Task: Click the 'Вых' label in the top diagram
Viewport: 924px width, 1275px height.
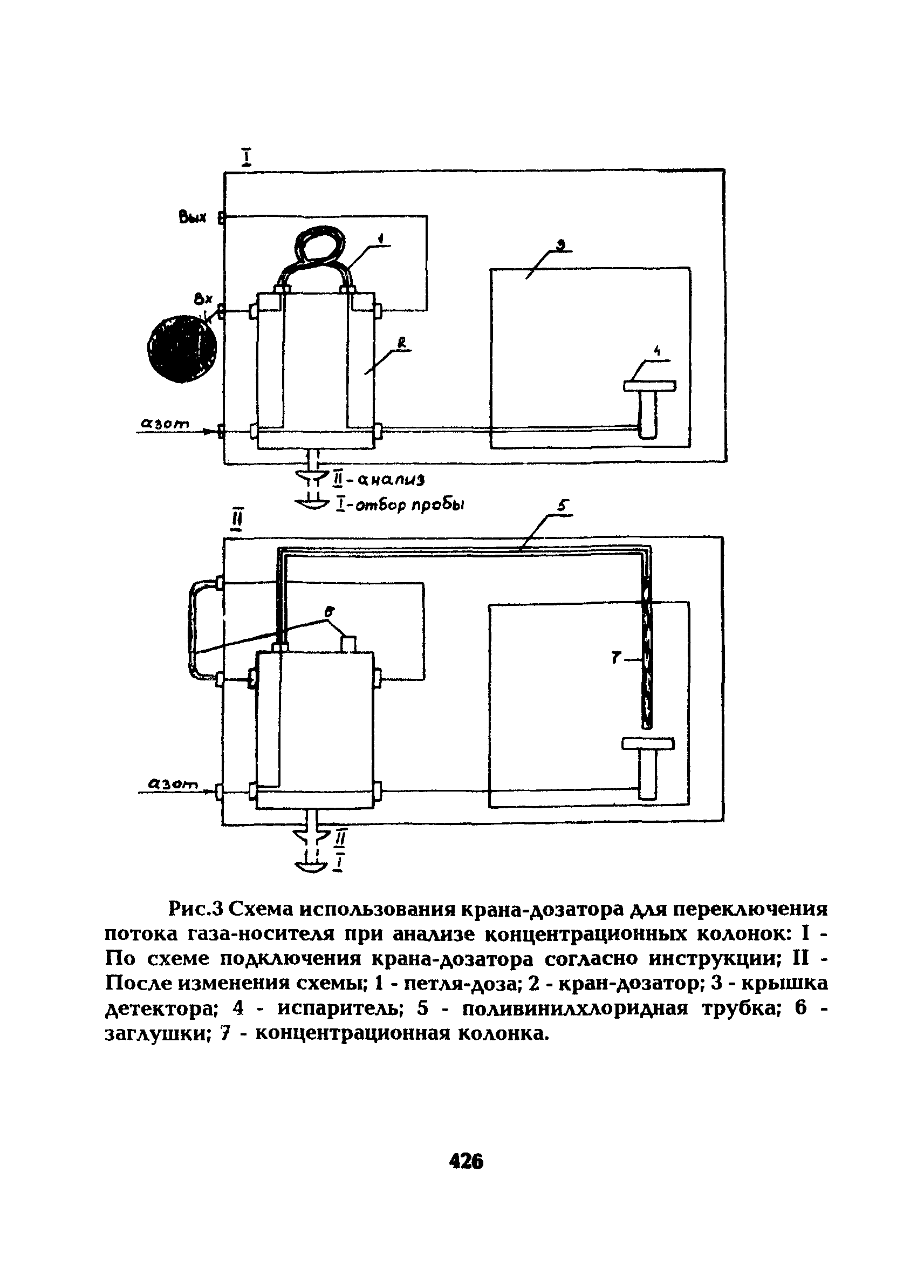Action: tap(193, 217)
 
